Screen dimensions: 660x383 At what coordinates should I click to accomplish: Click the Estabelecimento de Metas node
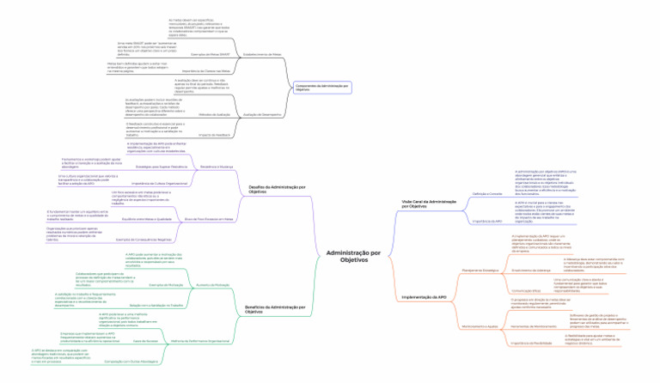(x=262, y=53)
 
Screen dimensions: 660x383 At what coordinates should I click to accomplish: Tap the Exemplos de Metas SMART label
(x=211, y=53)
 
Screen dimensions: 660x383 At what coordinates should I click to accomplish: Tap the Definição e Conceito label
(x=486, y=194)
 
